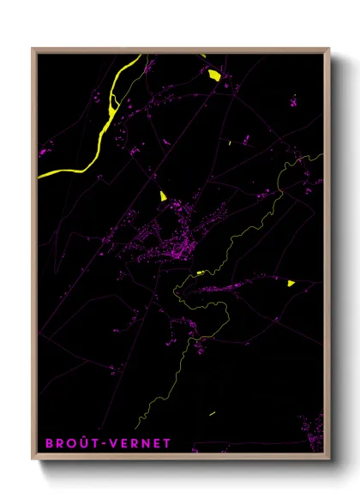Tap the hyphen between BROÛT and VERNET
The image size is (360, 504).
pyautogui.click(x=102, y=443)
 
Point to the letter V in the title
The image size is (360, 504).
pyautogui.click(x=111, y=443)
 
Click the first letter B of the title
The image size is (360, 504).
pyautogui.click(x=48, y=443)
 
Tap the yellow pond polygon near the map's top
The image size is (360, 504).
pyautogui.click(x=214, y=75)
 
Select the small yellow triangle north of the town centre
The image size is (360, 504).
pyautogui.click(x=161, y=195)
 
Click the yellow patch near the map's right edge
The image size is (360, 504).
pyautogui.click(x=291, y=282)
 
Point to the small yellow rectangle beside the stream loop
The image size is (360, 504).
pyautogui.click(x=200, y=273)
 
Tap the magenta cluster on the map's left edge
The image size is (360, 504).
pyautogui.click(x=41, y=153)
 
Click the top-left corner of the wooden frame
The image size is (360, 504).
pyautogui.click(x=33, y=49)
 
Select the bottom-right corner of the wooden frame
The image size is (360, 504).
pyautogui.click(x=329, y=458)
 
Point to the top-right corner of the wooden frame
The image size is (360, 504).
pyautogui.click(x=329, y=49)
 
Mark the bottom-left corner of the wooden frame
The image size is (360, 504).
pyautogui.click(x=33, y=458)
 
